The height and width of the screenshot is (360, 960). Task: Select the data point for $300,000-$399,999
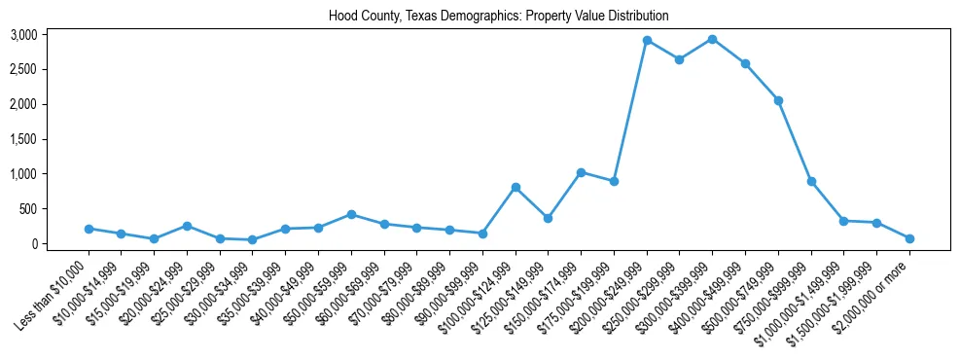712,39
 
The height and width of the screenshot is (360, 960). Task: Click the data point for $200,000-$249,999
647,41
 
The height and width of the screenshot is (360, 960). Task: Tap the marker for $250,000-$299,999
679,59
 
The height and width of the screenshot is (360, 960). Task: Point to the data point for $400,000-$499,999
745,63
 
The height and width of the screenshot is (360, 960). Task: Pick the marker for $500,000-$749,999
778,100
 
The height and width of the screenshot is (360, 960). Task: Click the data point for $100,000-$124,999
516,187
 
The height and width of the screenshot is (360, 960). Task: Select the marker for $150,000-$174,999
581,172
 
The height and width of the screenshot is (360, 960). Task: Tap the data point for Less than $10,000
89,229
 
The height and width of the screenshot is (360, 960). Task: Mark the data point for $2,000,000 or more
909,238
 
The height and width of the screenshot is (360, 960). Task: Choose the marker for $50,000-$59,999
351,214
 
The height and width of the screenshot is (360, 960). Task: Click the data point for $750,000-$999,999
811,181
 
